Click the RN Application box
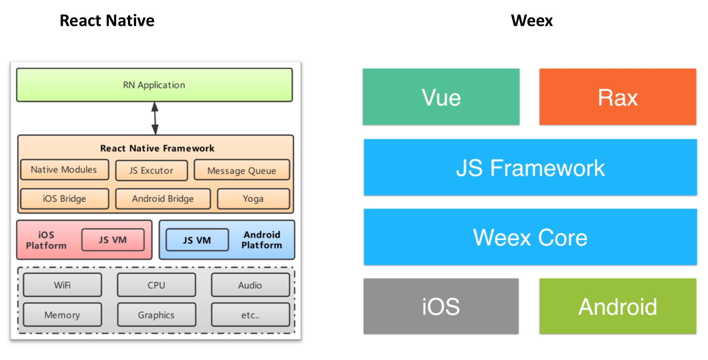pyautogui.click(x=154, y=85)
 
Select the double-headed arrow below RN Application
pyautogui.click(x=155, y=118)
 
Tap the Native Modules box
pyautogui.click(x=64, y=170)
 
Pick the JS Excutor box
pyautogui.click(x=151, y=170)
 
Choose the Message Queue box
pyautogui.click(x=242, y=170)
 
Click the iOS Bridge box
pyautogui.click(x=64, y=199)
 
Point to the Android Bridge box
pyautogui.click(x=163, y=199)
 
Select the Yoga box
pyautogui.click(x=253, y=199)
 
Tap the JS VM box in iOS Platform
pyautogui.click(x=113, y=240)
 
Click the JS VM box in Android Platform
pyautogui.click(x=197, y=240)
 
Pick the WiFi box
pyautogui.click(x=62, y=285)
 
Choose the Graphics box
pyautogui.click(x=156, y=315)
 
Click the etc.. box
pyautogui.click(x=250, y=315)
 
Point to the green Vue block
pyautogui.click(x=441, y=97)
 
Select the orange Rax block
pyautogui.click(x=618, y=97)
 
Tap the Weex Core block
pyautogui.click(x=530, y=237)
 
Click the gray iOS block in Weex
pyautogui.click(x=441, y=306)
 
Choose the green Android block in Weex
pyautogui.click(x=618, y=306)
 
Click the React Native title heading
pyautogui.click(x=107, y=21)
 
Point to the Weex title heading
pyautogui.click(x=532, y=21)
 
